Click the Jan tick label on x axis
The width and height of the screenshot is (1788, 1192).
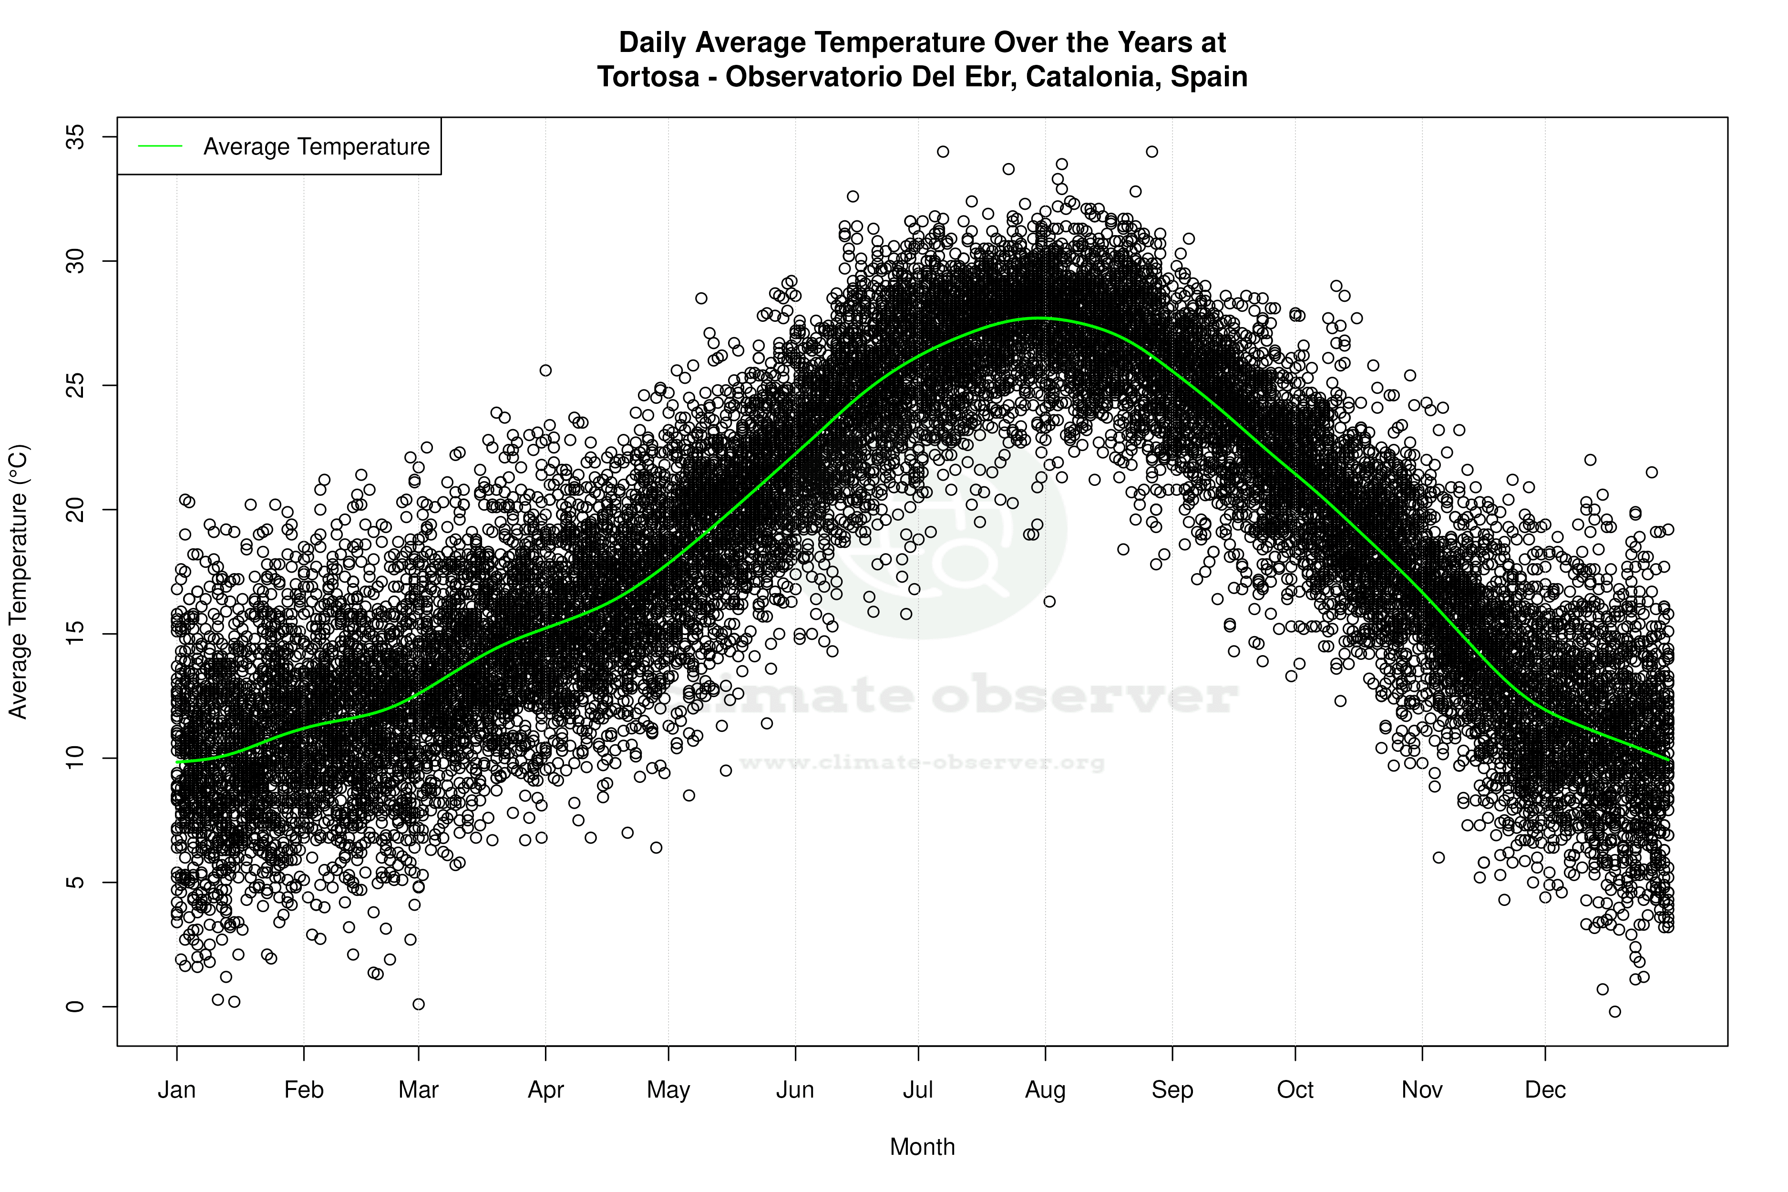click(176, 1090)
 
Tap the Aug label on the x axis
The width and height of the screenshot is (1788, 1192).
click(1045, 1090)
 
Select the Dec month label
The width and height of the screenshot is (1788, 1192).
click(1545, 1090)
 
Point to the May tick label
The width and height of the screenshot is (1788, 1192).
click(668, 1090)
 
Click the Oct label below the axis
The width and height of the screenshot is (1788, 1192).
click(1295, 1090)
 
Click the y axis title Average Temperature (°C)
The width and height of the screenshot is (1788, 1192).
click(18, 582)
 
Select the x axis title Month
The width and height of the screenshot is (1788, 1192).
click(922, 1146)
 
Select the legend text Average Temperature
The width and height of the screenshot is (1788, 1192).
click(316, 147)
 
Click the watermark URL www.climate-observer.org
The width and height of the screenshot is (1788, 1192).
click(922, 762)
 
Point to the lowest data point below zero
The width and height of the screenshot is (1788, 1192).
click(1614, 1012)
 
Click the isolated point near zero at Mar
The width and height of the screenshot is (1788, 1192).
click(418, 1004)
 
